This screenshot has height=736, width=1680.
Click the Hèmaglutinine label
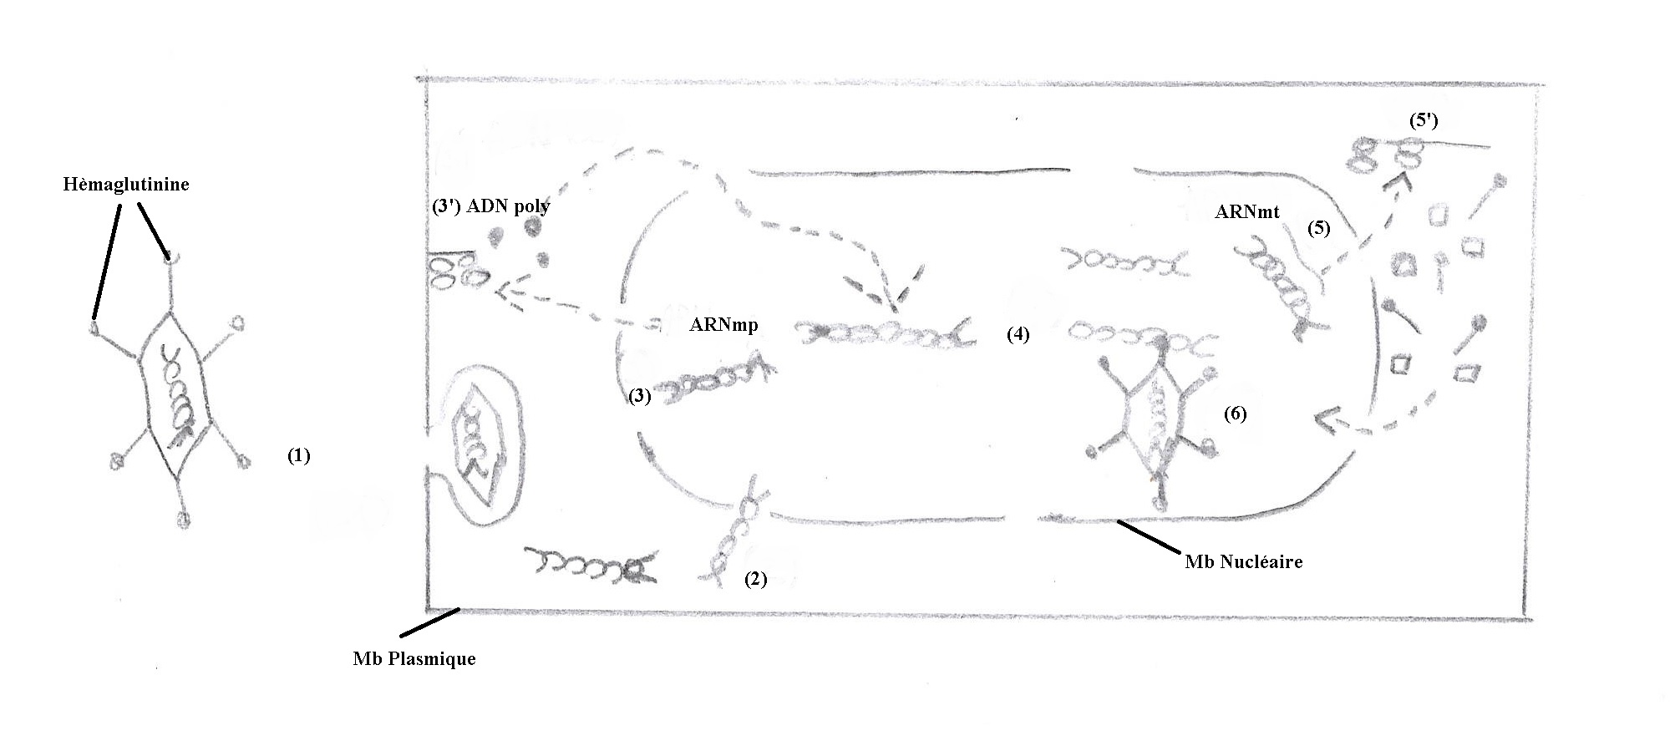(126, 185)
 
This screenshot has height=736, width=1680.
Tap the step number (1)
(299, 455)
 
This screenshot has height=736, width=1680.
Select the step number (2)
(755, 579)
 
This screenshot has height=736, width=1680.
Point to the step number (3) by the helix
(639, 396)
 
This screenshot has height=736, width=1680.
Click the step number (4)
(1018, 334)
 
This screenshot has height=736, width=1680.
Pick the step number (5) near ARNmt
(1318, 228)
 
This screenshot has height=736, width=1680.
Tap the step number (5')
(1424, 120)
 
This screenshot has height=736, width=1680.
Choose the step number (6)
(1235, 414)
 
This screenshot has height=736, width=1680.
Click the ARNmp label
(723, 325)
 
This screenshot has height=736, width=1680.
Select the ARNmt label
(1247, 212)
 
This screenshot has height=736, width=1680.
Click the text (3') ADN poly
(491, 206)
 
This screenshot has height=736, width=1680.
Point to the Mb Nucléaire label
(1244, 561)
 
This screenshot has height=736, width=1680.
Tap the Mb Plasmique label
(414, 658)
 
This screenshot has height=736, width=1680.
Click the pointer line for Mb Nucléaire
(1150, 537)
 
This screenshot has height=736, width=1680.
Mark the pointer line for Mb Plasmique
(429, 623)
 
